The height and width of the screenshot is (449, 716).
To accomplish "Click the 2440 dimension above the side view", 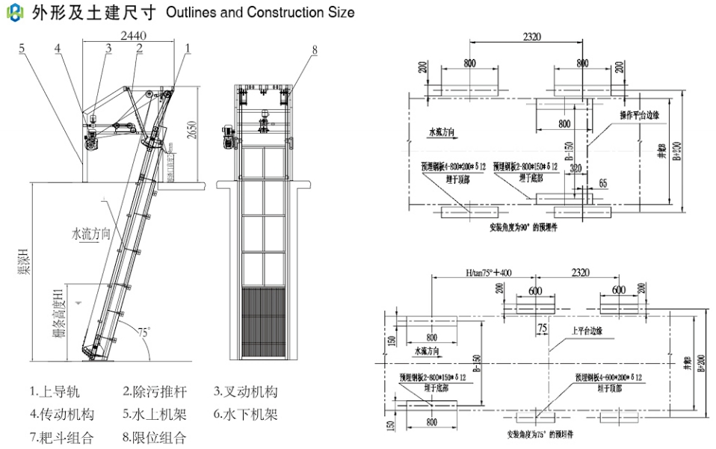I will (133, 35).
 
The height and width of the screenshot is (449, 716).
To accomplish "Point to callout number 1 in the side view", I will (188, 47).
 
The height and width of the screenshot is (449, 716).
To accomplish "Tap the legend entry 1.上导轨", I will (55, 391).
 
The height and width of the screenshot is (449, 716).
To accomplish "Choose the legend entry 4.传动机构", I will (62, 414).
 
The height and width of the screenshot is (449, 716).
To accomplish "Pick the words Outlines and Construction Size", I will (260, 13).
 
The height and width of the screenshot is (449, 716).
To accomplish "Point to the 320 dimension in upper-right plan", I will (575, 168).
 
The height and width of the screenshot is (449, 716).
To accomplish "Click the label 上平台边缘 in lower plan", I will (589, 330).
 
